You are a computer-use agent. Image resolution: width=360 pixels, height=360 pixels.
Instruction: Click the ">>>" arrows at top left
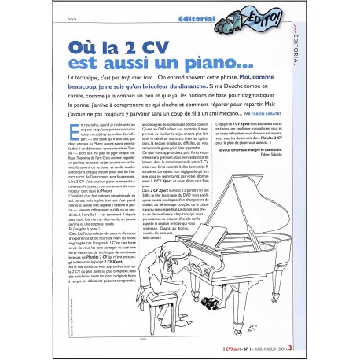[x=72, y=17]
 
